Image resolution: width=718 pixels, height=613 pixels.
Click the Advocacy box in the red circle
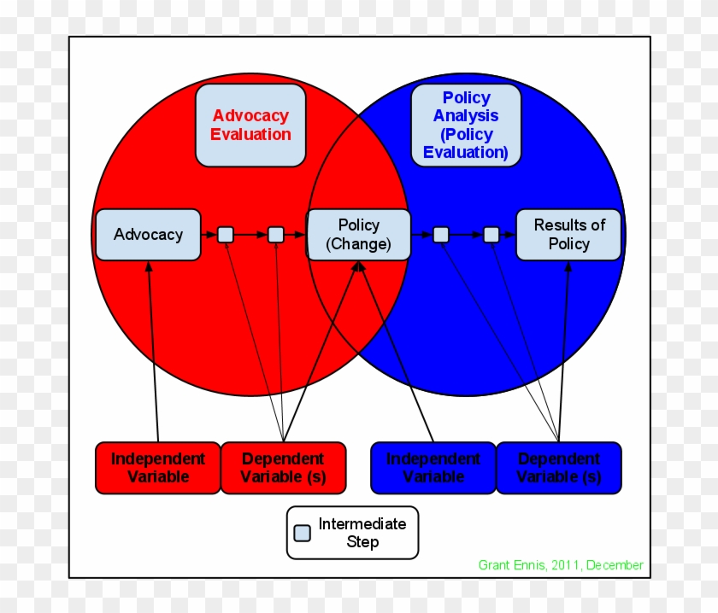148,235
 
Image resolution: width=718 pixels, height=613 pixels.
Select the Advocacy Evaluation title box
250,125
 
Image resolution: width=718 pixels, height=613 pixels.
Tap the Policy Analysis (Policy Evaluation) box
466,125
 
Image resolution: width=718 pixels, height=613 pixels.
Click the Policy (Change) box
358,235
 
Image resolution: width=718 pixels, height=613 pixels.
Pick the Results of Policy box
568,235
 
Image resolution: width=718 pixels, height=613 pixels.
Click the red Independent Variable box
158,468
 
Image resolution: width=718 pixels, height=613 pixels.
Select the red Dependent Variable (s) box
283,468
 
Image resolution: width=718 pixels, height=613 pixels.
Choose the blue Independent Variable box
433,468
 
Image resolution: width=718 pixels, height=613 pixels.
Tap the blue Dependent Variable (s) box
559,468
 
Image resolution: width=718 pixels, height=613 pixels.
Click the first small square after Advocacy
225,235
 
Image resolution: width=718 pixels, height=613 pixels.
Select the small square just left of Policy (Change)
275,235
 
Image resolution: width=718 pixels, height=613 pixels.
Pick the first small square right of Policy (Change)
440,235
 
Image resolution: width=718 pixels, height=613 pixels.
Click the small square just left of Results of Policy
491,235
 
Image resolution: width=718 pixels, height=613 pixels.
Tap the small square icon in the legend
303,533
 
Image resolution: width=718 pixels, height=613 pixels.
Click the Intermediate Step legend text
362,533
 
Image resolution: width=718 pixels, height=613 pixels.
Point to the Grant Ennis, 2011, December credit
561,565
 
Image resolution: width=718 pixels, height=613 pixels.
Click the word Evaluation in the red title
250,134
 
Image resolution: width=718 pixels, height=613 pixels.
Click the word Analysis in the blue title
466,116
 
